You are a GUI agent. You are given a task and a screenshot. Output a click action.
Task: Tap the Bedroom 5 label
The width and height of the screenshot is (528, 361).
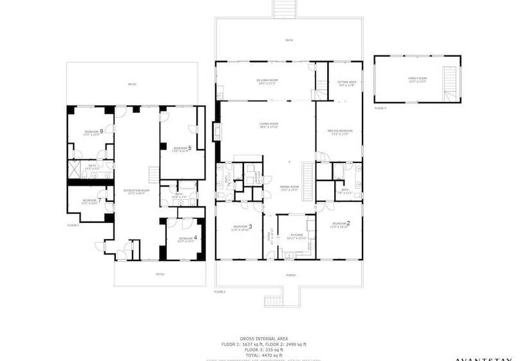182,148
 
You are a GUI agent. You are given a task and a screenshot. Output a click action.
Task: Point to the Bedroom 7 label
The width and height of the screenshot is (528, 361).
91,200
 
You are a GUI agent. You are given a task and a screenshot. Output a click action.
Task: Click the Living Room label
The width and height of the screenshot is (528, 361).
269,124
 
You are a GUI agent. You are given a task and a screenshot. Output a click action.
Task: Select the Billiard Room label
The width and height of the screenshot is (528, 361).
267,81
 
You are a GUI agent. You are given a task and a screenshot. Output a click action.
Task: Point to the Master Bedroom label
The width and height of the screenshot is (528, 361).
341,132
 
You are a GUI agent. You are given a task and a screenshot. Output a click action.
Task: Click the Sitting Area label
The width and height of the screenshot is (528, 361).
346,83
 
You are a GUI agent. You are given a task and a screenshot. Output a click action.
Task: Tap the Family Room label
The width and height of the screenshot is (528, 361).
417,79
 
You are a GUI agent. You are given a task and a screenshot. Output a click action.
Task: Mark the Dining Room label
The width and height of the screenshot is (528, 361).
289,188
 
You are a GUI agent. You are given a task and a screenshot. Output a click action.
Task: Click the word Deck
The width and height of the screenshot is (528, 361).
288,41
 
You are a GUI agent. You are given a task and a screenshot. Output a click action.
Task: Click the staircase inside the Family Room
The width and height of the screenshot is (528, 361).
451,86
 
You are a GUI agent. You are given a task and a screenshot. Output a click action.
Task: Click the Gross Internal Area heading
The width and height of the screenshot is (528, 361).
264,338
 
